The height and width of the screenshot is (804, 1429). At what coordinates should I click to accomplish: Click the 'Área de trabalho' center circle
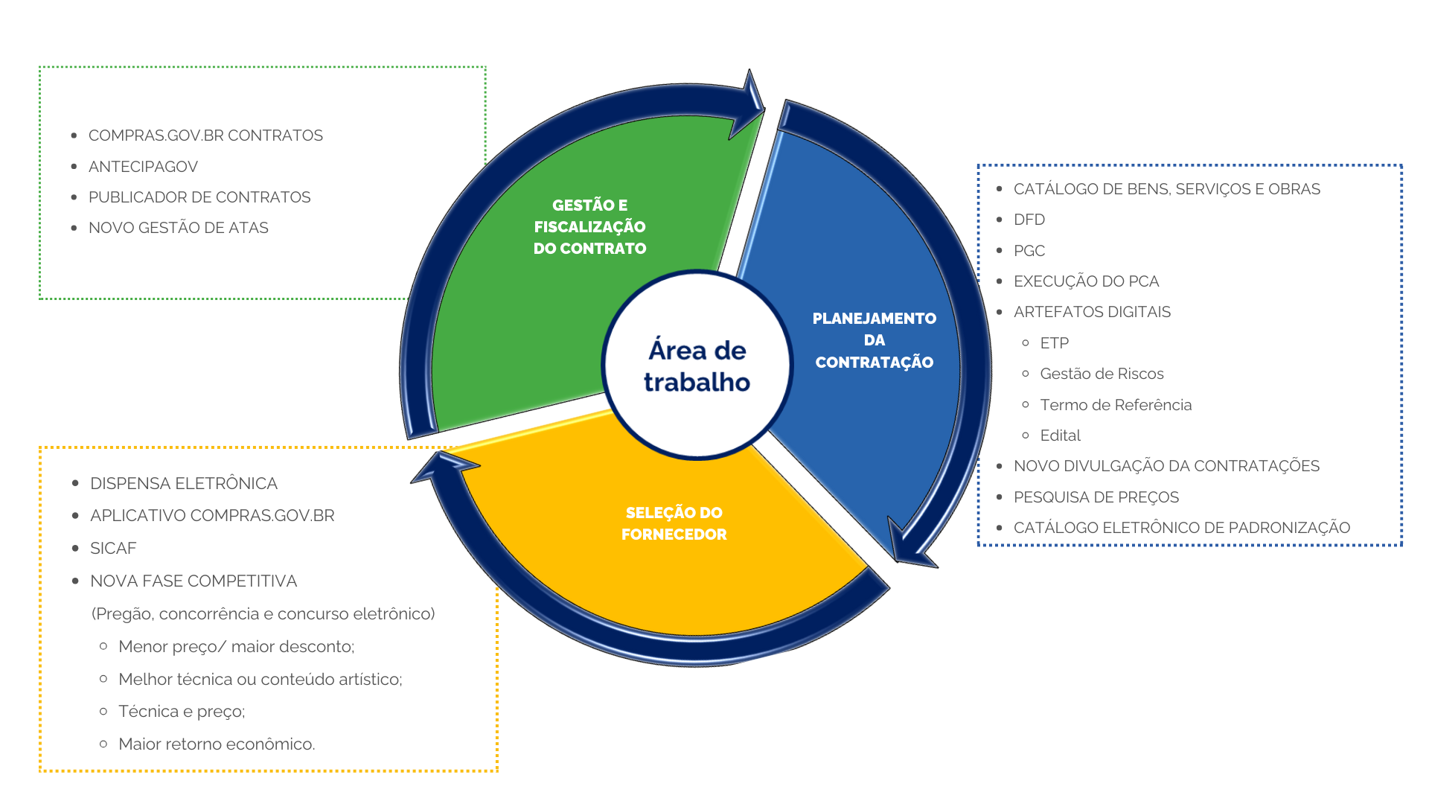(697, 366)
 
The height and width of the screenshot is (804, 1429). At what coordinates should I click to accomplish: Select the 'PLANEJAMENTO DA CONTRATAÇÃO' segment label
(874, 340)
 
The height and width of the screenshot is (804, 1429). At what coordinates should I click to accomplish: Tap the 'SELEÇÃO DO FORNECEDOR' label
(674, 523)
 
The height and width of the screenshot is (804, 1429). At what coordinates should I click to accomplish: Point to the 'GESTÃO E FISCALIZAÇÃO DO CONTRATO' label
(589, 226)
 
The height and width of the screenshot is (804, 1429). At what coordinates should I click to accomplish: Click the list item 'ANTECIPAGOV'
(143, 167)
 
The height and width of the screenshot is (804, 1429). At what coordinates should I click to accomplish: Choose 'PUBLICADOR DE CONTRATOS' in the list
(199, 197)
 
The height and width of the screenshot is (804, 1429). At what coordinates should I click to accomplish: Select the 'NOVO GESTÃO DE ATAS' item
(179, 228)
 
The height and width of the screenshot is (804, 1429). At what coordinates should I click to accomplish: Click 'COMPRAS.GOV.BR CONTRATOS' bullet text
(205, 135)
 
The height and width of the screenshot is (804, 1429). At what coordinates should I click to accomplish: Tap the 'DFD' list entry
(1029, 220)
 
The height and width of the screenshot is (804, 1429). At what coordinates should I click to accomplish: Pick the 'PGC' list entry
(1029, 251)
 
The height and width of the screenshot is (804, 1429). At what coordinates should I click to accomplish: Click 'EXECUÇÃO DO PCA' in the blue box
(1086, 281)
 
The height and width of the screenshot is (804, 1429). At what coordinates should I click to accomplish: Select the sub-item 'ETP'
(1054, 343)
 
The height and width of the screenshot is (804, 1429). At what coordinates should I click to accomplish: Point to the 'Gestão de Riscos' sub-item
(1102, 374)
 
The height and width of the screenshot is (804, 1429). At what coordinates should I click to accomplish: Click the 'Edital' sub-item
(1060, 435)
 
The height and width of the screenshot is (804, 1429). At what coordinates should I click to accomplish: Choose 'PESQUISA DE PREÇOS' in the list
(1096, 497)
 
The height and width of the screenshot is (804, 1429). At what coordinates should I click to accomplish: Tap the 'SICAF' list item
(113, 549)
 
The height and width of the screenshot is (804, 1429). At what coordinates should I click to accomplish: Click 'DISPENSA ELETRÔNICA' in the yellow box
(184, 484)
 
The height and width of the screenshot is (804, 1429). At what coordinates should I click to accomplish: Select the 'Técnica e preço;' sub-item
(182, 712)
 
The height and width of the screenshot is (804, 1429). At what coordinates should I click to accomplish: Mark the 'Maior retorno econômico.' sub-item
(217, 744)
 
